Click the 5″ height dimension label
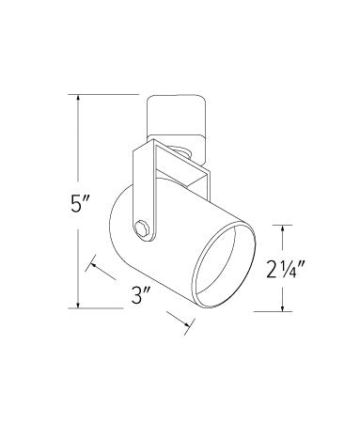[x=78, y=204]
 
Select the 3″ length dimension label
[x=140, y=295]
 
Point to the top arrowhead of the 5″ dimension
[x=78, y=98]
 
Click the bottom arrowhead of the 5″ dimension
[x=78, y=305]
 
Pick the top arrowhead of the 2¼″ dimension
[x=283, y=229]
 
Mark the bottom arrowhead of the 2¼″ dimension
[x=283, y=307]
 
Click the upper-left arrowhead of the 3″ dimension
[x=94, y=265]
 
